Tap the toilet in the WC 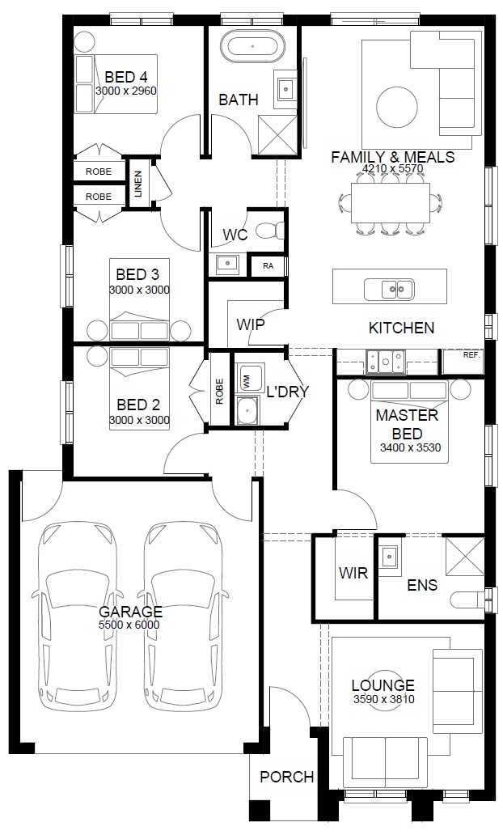pyautogui.click(x=270, y=231)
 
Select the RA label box pyautogui.click(x=268, y=265)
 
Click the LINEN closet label pyautogui.click(x=138, y=184)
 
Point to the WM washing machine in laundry pyautogui.click(x=248, y=378)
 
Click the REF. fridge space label pyautogui.click(x=471, y=354)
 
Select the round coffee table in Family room pyautogui.click(x=397, y=107)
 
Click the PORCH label pyautogui.click(x=287, y=777)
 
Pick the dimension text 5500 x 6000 pyautogui.click(x=129, y=625)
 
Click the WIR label pyautogui.click(x=353, y=573)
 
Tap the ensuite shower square pyautogui.click(x=465, y=556)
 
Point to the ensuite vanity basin pyautogui.click(x=389, y=557)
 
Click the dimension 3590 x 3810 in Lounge pyautogui.click(x=383, y=699)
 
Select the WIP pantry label pyautogui.click(x=251, y=324)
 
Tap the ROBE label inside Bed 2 pyautogui.click(x=219, y=392)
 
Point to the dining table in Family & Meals pyautogui.click(x=390, y=203)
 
